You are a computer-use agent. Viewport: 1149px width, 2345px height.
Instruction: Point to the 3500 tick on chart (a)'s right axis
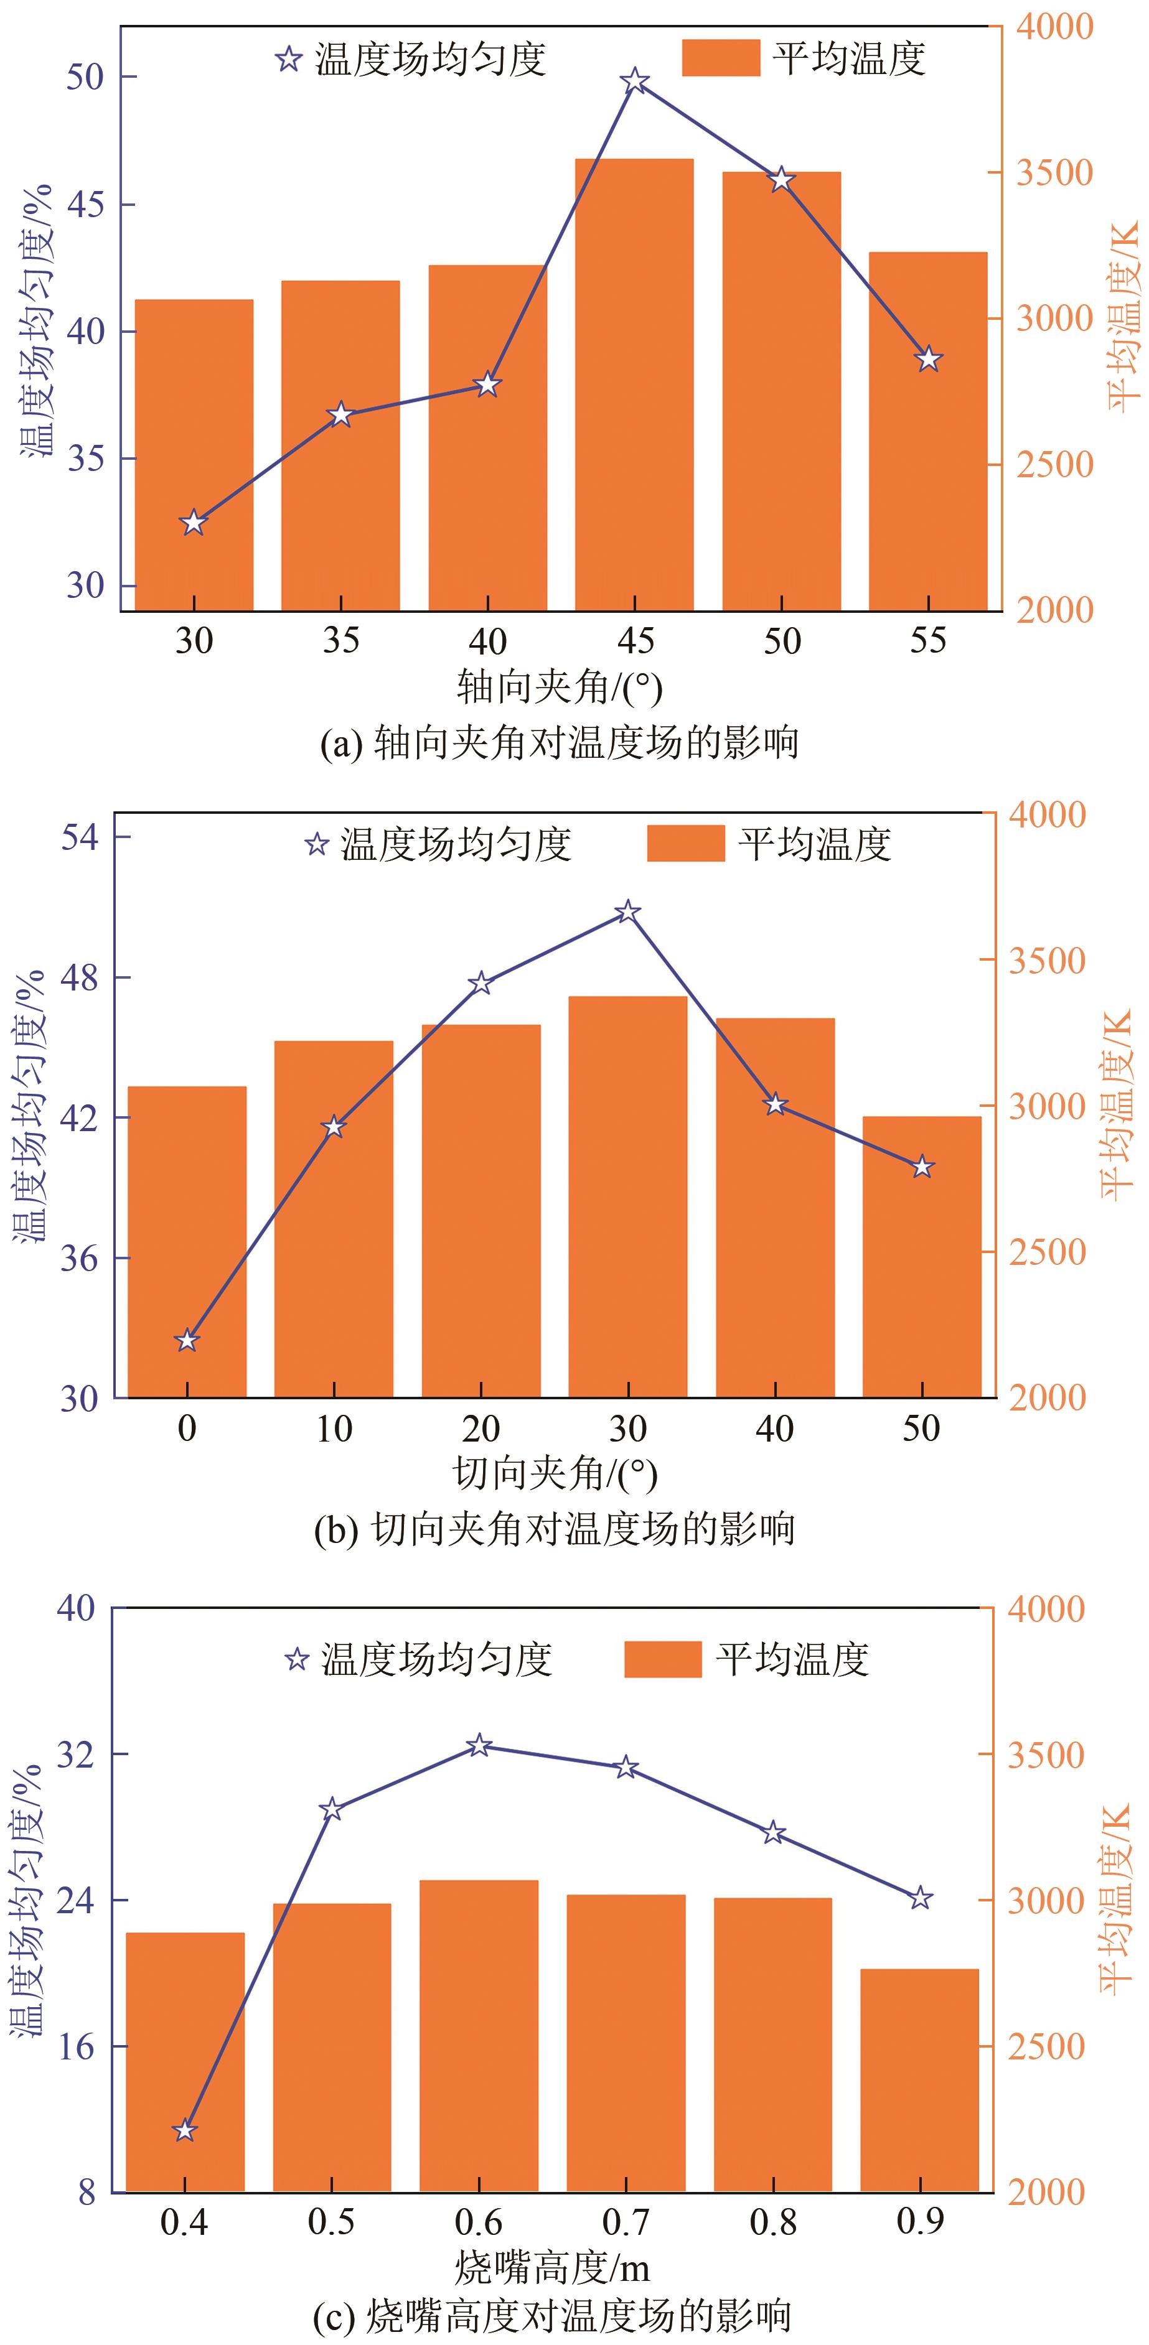click(1053, 173)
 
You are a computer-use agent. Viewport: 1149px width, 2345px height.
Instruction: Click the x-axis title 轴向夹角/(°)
click(559, 686)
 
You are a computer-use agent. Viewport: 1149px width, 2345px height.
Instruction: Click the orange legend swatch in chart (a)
click(720, 58)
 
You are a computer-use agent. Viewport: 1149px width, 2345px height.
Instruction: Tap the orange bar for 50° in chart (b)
click(921, 1256)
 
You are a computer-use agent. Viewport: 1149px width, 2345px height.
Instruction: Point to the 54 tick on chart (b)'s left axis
click(80, 837)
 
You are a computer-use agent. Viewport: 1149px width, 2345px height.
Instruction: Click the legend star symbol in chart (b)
click(316, 845)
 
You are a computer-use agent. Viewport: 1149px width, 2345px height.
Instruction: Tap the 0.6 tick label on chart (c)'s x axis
click(479, 2222)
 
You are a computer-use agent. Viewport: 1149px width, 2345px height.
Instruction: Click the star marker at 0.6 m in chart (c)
click(479, 1745)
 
